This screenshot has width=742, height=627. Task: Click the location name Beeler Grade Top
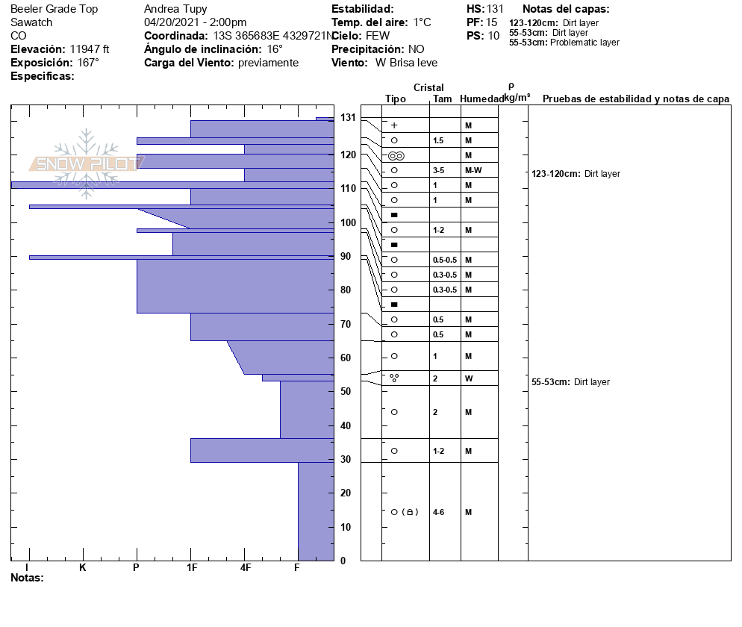tap(54, 9)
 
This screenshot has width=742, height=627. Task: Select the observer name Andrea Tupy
tap(175, 9)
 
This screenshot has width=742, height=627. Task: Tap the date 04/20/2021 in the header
tap(172, 22)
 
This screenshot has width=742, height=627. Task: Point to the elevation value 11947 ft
tap(90, 49)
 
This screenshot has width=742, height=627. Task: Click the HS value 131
tap(495, 9)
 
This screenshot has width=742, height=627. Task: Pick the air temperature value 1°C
tap(422, 22)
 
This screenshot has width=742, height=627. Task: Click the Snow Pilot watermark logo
tap(87, 163)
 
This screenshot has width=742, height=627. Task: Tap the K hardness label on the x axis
tap(83, 567)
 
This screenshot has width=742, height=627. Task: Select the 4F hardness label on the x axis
tap(245, 567)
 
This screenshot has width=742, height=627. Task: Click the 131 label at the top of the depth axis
tap(348, 117)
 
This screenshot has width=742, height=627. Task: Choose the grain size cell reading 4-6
tap(439, 512)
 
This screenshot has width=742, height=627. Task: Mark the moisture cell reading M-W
tap(473, 170)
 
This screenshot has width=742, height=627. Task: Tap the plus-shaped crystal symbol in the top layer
tap(394, 125)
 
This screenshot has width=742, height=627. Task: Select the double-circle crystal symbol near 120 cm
tap(396, 156)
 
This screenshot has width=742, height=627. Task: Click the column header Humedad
tap(482, 99)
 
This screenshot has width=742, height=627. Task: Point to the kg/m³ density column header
tap(517, 98)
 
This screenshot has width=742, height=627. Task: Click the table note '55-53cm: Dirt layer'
tap(570, 382)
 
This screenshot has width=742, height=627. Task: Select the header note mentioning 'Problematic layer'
tap(564, 43)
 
